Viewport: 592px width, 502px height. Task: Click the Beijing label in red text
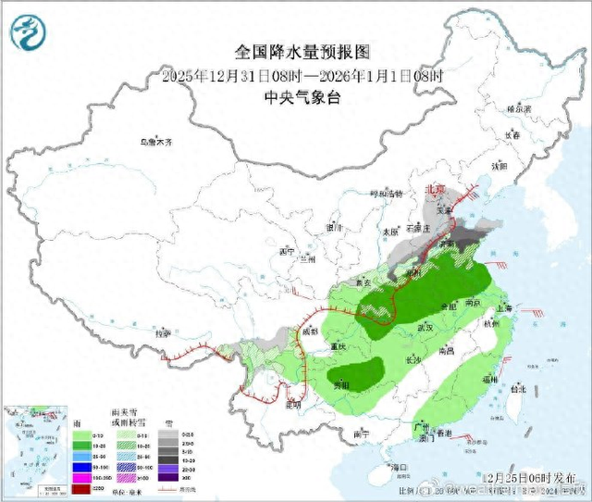434,188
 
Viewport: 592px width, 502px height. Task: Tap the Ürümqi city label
155,143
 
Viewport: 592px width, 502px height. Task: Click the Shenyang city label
499,167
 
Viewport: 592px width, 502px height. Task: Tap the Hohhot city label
387,194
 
